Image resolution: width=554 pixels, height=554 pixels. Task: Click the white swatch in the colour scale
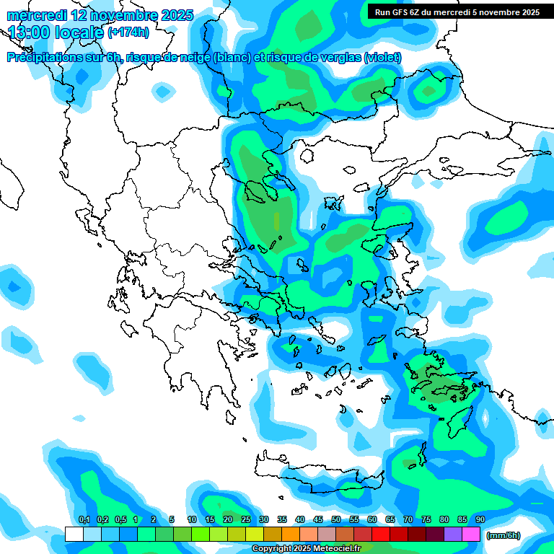tap(74, 534)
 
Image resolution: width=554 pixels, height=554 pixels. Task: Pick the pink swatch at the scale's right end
tap(471, 534)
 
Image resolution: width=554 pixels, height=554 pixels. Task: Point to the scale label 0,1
tap(84, 520)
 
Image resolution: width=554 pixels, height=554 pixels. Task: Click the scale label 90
tap(480, 520)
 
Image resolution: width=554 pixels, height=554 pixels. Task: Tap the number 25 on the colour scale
tap(246, 520)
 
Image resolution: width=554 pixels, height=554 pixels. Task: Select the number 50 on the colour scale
tap(336, 520)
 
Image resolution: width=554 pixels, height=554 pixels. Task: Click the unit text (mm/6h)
tap(503, 535)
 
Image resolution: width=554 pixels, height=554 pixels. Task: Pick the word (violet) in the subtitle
tap(382, 58)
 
